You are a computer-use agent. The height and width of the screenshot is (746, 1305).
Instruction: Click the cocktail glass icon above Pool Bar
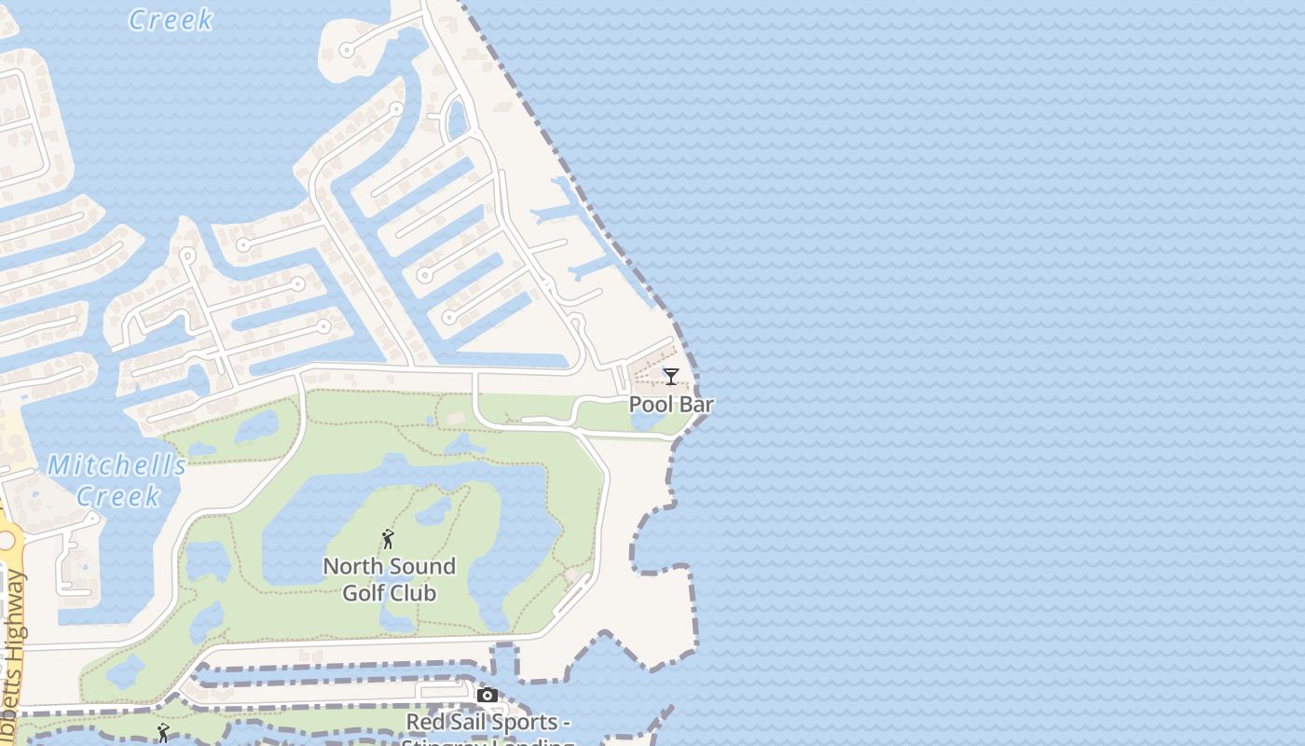tap(670, 376)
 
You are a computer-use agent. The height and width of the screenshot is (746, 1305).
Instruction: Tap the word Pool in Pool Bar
tap(651, 405)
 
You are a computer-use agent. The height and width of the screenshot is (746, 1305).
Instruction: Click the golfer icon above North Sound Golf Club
tap(388, 539)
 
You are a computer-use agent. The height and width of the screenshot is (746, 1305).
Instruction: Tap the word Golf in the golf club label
tap(364, 592)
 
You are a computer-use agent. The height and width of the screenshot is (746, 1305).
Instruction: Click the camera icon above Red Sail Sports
tap(487, 695)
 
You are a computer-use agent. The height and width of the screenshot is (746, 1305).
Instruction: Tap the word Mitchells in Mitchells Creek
tap(116, 465)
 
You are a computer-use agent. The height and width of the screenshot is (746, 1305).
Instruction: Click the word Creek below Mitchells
tap(118, 495)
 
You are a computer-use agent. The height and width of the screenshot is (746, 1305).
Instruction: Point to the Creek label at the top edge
tap(171, 20)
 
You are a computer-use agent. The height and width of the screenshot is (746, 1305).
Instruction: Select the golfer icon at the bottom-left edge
tap(163, 733)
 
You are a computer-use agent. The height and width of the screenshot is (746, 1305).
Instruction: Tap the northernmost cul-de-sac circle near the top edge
tap(346, 49)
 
